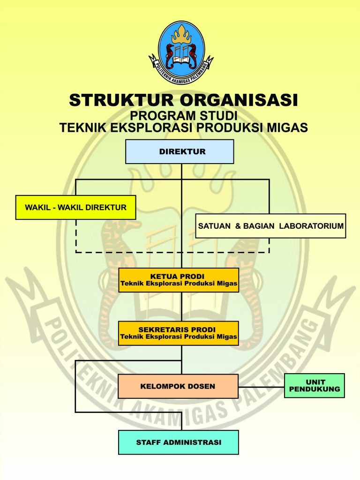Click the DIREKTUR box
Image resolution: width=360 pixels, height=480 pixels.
(x=180, y=151)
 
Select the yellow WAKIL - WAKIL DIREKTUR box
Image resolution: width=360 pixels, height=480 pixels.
(x=75, y=207)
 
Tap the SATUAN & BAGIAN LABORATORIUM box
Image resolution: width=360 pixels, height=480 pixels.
(x=270, y=226)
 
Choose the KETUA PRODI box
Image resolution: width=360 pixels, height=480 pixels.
(x=179, y=280)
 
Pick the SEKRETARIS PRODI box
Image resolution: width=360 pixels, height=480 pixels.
(x=179, y=333)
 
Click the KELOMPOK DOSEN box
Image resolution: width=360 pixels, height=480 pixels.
(x=178, y=386)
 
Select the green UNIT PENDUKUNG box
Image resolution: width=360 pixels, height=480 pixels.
(x=314, y=386)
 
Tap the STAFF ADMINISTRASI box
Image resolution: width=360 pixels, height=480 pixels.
(x=179, y=442)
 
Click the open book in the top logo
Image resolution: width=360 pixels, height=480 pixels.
(x=181, y=59)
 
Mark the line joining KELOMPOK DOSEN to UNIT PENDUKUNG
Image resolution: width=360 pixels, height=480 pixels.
(x=261, y=386)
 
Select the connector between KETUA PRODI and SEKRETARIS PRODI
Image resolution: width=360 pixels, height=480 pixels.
(x=181, y=307)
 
